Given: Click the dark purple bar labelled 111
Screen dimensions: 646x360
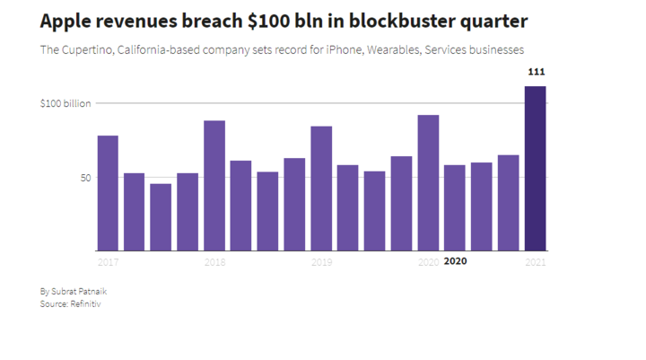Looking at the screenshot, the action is click(535, 168).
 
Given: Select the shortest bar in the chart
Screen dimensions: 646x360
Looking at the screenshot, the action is click(161, 217).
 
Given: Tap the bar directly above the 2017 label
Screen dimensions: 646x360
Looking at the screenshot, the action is click(108, 193).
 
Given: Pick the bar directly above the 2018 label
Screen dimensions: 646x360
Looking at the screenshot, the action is click(214, 186).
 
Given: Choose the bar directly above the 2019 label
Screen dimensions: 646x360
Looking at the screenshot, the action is click(321, 189).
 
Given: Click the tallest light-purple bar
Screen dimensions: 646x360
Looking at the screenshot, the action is click(429, 182).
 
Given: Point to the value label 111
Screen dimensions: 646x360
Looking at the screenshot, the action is click(537, 72).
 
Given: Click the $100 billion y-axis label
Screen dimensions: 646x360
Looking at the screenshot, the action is click(65, 103).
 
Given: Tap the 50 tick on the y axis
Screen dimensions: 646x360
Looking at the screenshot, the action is click(86, 178).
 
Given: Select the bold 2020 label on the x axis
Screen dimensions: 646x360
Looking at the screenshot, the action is click(455, 261).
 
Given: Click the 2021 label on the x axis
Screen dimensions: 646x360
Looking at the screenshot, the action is click(536, 262).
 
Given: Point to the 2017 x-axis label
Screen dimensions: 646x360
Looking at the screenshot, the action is click(108, 262).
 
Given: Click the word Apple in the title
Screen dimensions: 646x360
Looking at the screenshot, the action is click(65, 22).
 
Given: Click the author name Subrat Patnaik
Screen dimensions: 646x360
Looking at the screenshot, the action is click(79, 292).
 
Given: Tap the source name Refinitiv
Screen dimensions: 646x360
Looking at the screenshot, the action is click(85, 304).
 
